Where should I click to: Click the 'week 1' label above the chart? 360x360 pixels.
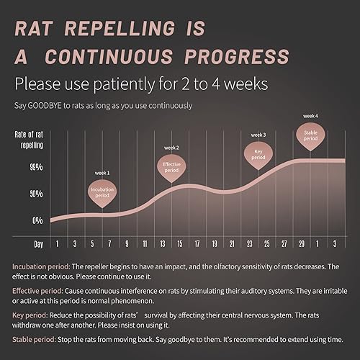click(102, 173)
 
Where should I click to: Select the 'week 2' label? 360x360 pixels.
click(171, 148)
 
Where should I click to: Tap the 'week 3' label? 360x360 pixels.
click(258, 135)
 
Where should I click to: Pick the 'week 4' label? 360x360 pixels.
click(310, 115)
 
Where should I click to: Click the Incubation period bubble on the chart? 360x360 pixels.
click(102, 192)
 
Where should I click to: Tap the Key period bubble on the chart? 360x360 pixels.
click(258, 154)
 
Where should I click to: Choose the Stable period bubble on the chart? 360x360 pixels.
click(310, 135)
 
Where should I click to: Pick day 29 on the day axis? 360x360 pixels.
click(301, 243)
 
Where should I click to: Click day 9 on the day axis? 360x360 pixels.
click(127, 243)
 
